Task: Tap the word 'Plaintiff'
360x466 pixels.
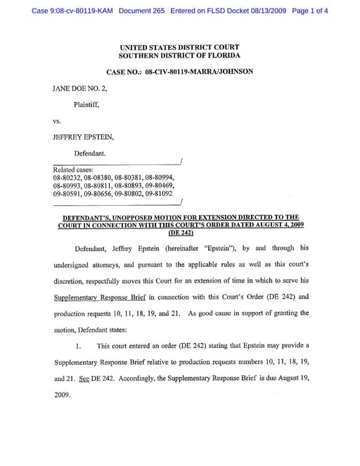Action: tap(86, 105)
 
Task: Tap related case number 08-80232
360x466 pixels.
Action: tap(67, 178)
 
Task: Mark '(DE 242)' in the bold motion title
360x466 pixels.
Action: tap(180, 233)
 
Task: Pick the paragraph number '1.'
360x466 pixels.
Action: tap(79, 346)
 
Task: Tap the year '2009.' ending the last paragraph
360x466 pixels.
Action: tap(62, 394)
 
